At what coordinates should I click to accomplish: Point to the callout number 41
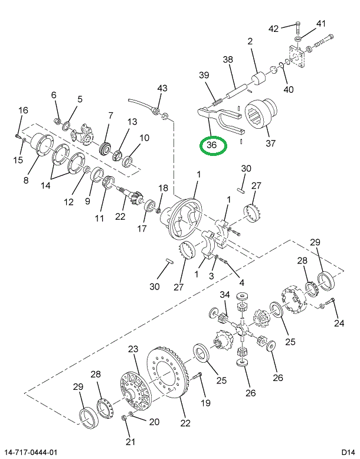(x=320, y=24)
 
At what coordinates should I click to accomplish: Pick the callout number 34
(x=224, y=295)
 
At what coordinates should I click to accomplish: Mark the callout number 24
(x=338, y=323)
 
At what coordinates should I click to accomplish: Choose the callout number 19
(x=205, y=403)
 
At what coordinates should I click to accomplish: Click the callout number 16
(x=23, y=110)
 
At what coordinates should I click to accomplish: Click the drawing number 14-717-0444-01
(x=31, y=452)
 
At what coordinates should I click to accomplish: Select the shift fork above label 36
(x=221, y=119)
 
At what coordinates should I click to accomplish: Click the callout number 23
(x=133, y=349)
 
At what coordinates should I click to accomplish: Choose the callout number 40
(x=289, y=89)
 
